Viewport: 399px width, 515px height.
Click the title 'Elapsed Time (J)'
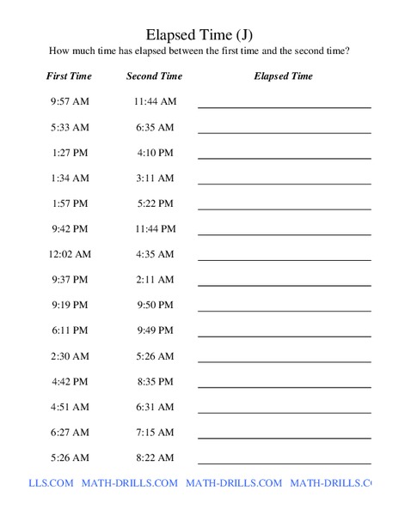(x=199, y=34)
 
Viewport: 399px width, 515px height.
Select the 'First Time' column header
(x=69, y=76)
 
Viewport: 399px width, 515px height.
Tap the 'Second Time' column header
(x=155, y=76)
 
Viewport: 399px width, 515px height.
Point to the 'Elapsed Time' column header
(x=284, y=76)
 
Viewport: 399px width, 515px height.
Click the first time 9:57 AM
(x=69, y=101)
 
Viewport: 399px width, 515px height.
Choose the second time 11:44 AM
(x=155, y=101)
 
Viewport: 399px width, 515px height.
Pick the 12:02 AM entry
(x=69, y=254)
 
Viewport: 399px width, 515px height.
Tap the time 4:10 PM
(x=155, y=153)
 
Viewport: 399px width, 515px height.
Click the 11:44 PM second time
(x=155, y=229)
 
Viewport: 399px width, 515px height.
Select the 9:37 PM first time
(x=69, y=280)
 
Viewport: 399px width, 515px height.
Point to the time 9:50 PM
(x=155, y=305)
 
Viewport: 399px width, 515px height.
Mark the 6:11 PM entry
(x=69, y=330)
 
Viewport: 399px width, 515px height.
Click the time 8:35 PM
(x=155, y=381)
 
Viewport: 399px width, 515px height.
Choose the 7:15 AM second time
(x=155, y=432)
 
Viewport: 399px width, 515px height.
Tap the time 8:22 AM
(x=155, y=457)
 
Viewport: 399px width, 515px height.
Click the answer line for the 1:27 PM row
(x=285, y=158)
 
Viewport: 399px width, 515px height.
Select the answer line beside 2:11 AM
(x=285, y=285)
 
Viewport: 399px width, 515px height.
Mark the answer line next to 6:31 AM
(x=285, y=412)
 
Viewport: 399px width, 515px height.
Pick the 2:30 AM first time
(x=69, y=356)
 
